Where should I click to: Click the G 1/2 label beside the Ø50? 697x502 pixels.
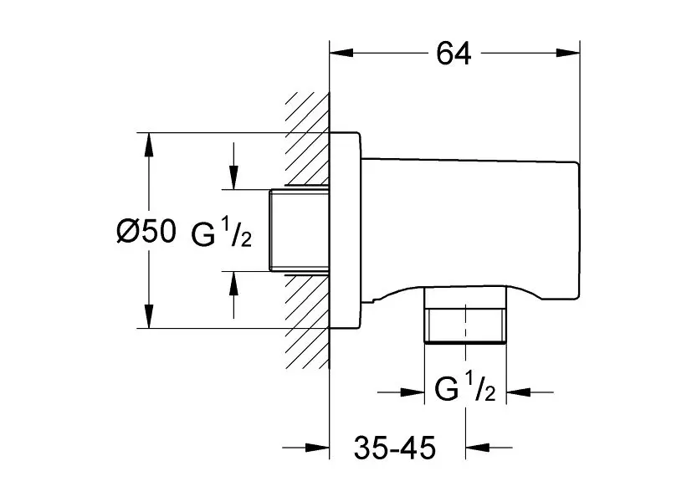coord(220,235)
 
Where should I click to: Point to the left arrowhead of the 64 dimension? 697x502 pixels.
coord(343,54)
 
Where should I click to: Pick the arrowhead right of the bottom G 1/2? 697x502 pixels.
coord(519,391)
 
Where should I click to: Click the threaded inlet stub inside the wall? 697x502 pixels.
coord(300,230)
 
